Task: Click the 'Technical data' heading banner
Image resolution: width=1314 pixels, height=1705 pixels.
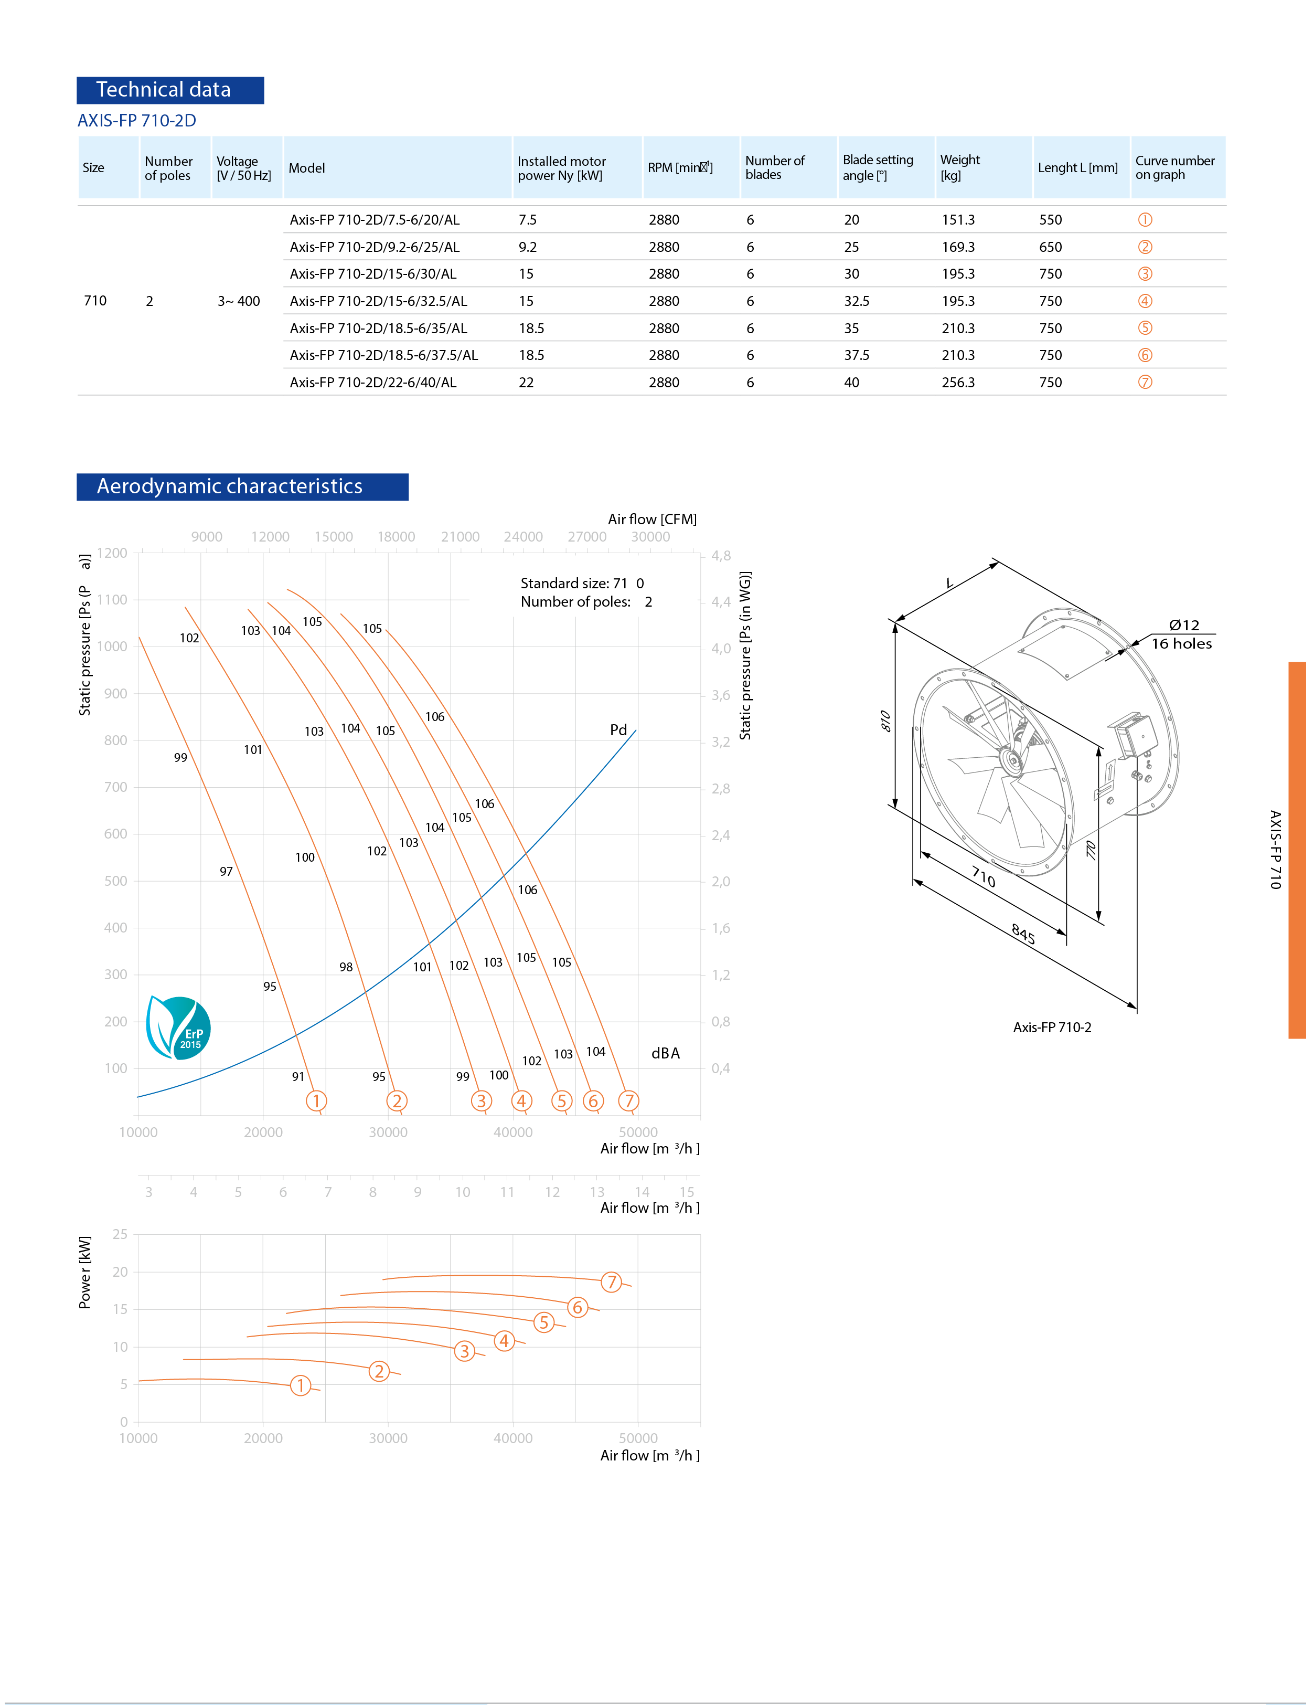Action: pyautogui.click(x=170, y=90)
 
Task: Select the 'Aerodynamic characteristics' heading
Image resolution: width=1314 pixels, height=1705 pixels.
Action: pyautogui.click(x=242, y=486)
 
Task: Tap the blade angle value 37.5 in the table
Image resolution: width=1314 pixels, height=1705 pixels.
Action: pyautogui.click(x=856, y=355)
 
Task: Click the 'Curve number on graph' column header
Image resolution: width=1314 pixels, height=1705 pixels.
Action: pyautogui.click(x=1174, y=167)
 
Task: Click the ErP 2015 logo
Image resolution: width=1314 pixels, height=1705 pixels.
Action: pyautogui.click(x=179, y=1028)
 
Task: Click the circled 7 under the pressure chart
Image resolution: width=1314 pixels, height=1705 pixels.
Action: pyautogui.click(x=628, y=1101)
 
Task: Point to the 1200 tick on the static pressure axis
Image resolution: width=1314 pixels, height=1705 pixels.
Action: pyautogui.click(x=112, y=553)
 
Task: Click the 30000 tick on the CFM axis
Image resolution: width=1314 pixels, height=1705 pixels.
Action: pyautogui.click(x=650, y=536)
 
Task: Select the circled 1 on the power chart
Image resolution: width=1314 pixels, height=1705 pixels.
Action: pyautogui.click(x=301, y=1386)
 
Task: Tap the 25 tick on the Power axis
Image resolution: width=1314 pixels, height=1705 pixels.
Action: pyautogui.click(x=120, y=1234)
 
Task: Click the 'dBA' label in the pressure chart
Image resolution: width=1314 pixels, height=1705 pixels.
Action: pyautogui.click(x=665, y=1053)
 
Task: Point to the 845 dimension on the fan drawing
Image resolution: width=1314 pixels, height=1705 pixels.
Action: pyautogui.click(x=1023, y=934)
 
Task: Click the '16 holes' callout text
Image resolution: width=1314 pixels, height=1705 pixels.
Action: pyautogui.click(x=1181, y=643)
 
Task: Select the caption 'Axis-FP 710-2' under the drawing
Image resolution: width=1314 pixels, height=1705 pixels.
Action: pyautogui.click(x=1052, y=1028)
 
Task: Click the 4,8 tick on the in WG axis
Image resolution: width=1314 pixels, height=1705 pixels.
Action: pyautogui.click(x=721, y=556)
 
